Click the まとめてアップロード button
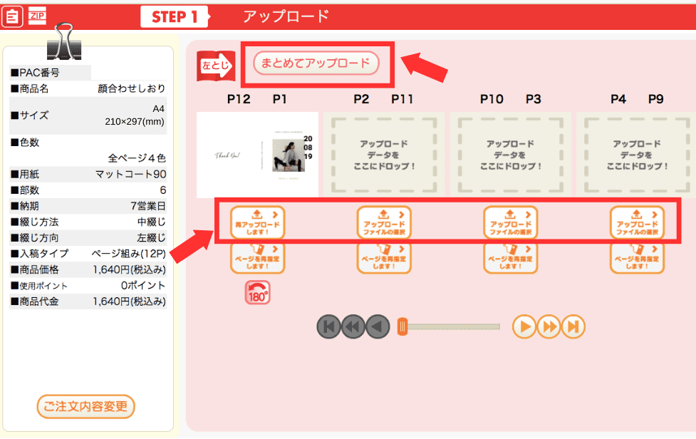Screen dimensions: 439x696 pyautogui.click(x=316, y=63)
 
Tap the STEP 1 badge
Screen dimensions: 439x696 pyautogui.click(x=175, y=16)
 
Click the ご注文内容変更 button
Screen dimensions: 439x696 pyautogui.click(x=85, y=407)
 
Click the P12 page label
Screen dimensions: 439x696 pyautogui.click(x=239, y=99)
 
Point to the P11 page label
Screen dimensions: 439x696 pyautogui.click(x=402, y=99)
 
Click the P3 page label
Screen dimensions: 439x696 pyautogui.click(x=534, y=99)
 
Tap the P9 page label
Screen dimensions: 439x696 pyautogui.click(x=656, y=99)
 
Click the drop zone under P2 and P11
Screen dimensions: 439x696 pyautogui.click(x=384, y=155)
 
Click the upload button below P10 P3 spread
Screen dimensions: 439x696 pyautogui.click(x=510, y=222)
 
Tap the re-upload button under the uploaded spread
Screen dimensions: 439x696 pyautogui.click(x=257, y=222)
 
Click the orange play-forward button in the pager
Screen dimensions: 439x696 pyautogui.click(x=524, y=327)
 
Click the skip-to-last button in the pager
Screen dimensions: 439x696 pyautogui.click(x=573, y=327)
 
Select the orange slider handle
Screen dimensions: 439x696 pyautogui.click(x=402, y=327)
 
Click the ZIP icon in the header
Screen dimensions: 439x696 pyautogui.click(x=36, y=14)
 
